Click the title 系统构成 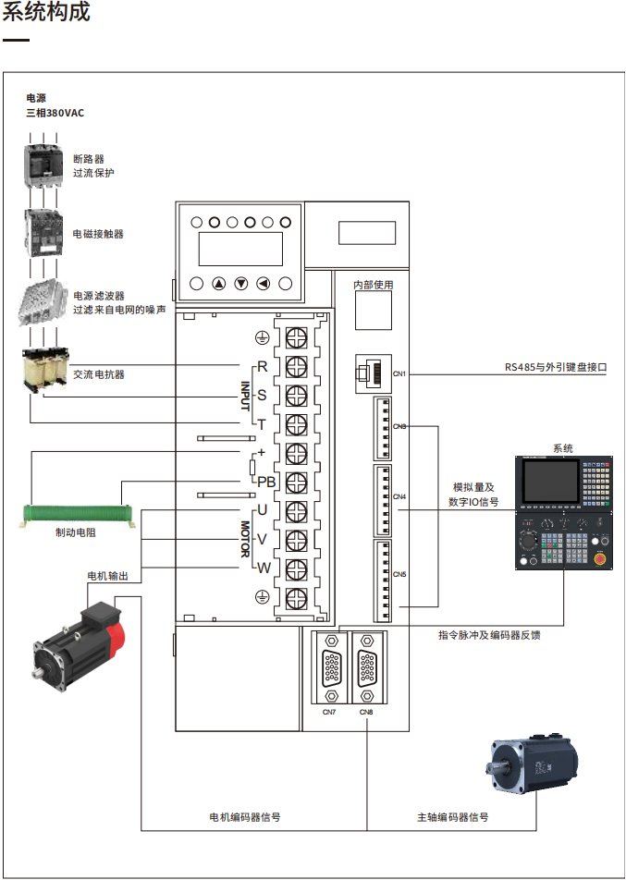point(46,15)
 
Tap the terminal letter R point(262,367)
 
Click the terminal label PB point(266,482)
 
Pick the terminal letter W point(264,568)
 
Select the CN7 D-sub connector point(329,666)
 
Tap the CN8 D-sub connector point(367,666)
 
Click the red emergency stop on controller point(600,557)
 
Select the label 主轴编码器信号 point(453,817)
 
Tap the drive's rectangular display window point(240,249)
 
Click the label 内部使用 point(374,286)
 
